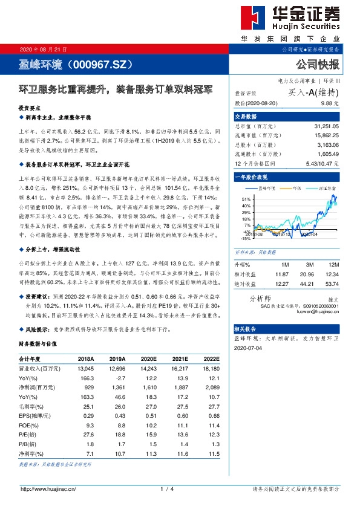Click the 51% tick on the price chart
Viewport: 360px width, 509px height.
247,199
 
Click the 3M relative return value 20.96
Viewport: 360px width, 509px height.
307,274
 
